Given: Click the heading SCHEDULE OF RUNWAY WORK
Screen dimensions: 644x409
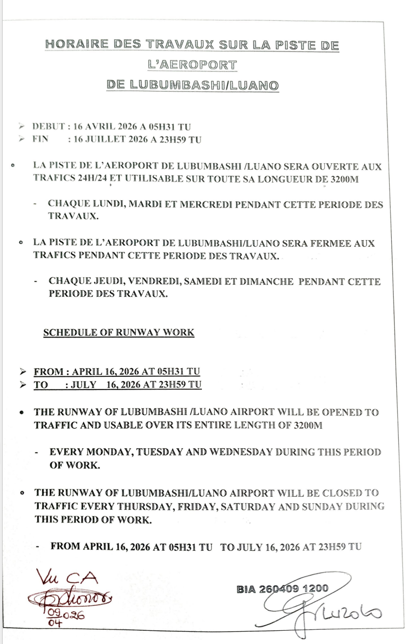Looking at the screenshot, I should [x=119, y=332].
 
